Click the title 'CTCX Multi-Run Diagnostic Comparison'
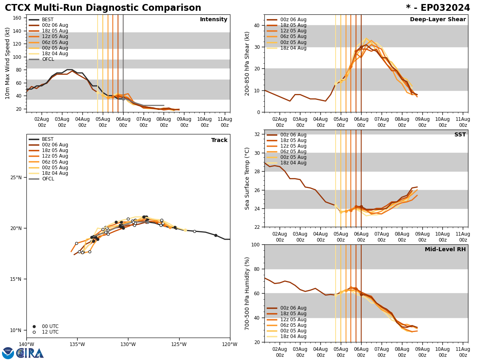[103, 8]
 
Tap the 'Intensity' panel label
[214, 20]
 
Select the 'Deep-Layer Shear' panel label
[438, 20]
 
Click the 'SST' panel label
[460, 135]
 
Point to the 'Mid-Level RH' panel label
[445, 250]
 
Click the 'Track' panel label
[219, 140]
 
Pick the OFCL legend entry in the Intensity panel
[48, 59]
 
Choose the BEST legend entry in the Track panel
[48, 139]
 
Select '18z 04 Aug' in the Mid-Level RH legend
[293, 336]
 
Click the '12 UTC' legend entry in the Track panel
[50, 332]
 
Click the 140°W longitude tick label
[26, 344]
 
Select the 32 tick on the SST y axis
[258, 134]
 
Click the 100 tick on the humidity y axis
[255, 244]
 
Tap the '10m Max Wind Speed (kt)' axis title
[8, 63]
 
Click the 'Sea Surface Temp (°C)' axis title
[247, 178]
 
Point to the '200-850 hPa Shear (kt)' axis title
[247, 63]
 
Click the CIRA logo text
[30, 353]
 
